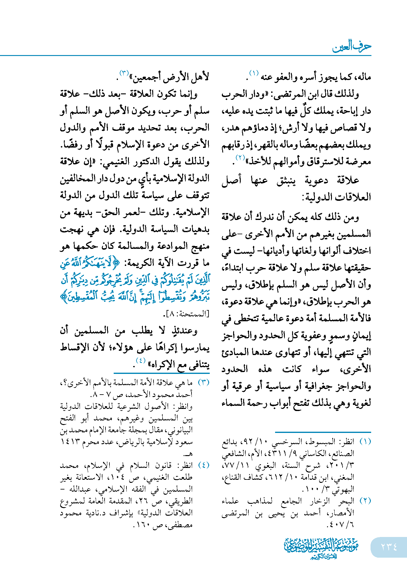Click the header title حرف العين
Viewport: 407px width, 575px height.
pyautogui.click(x=351, y=47)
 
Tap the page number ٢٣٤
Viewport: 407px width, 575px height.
pyautogui.click(x=389, y=547)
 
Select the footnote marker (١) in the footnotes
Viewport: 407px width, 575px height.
pyautogui.click(x=365, y=442)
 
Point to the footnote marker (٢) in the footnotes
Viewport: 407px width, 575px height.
pyautogui.click(x=365, y=501)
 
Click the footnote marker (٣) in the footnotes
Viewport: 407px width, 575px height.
pyautogui.click(x=203, y=382)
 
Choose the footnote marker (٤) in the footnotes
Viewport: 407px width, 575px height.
pyautogui.click(x=203, y=465)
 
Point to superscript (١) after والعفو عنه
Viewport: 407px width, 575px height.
pyautogui.click(x=254, y=73)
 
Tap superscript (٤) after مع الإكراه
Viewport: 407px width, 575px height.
pyautogui.click(x=141, y=361)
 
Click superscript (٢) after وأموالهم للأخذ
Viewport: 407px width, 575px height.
pyautogui.click(x=240, y=157)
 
